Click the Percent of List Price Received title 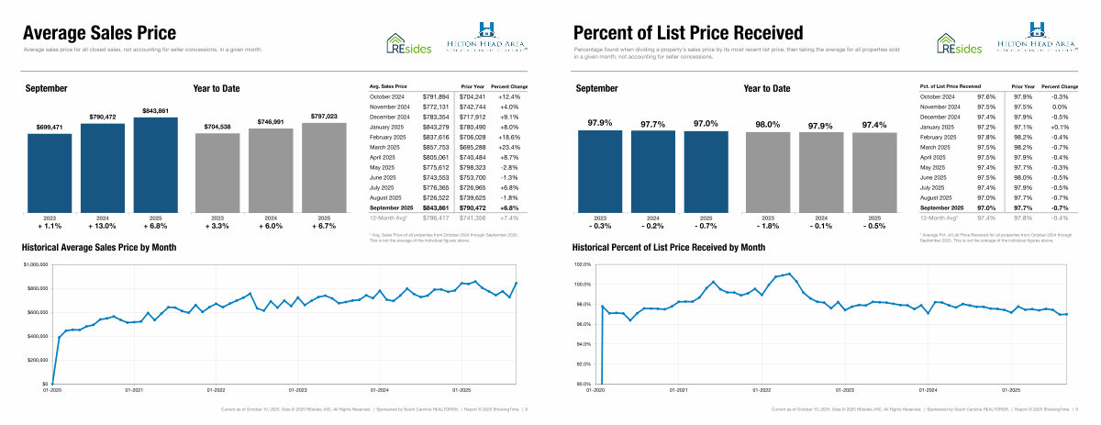(x=688, y=32)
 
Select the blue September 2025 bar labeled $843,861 (x=156, y=165)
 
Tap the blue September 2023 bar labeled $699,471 (x=50, y=174)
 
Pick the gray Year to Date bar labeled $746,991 (x=271, y=171)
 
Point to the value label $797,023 (x=324, y=117)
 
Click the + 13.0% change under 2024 (x=103, y=226)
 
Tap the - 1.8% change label (x=767, y=226)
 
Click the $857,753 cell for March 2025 (x=436, y=147)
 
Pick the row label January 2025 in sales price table (x=391, y=127)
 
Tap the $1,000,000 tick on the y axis (x=33, y=264)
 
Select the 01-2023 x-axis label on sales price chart (x=296, y=390)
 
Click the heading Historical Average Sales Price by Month (x=99, y=248)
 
